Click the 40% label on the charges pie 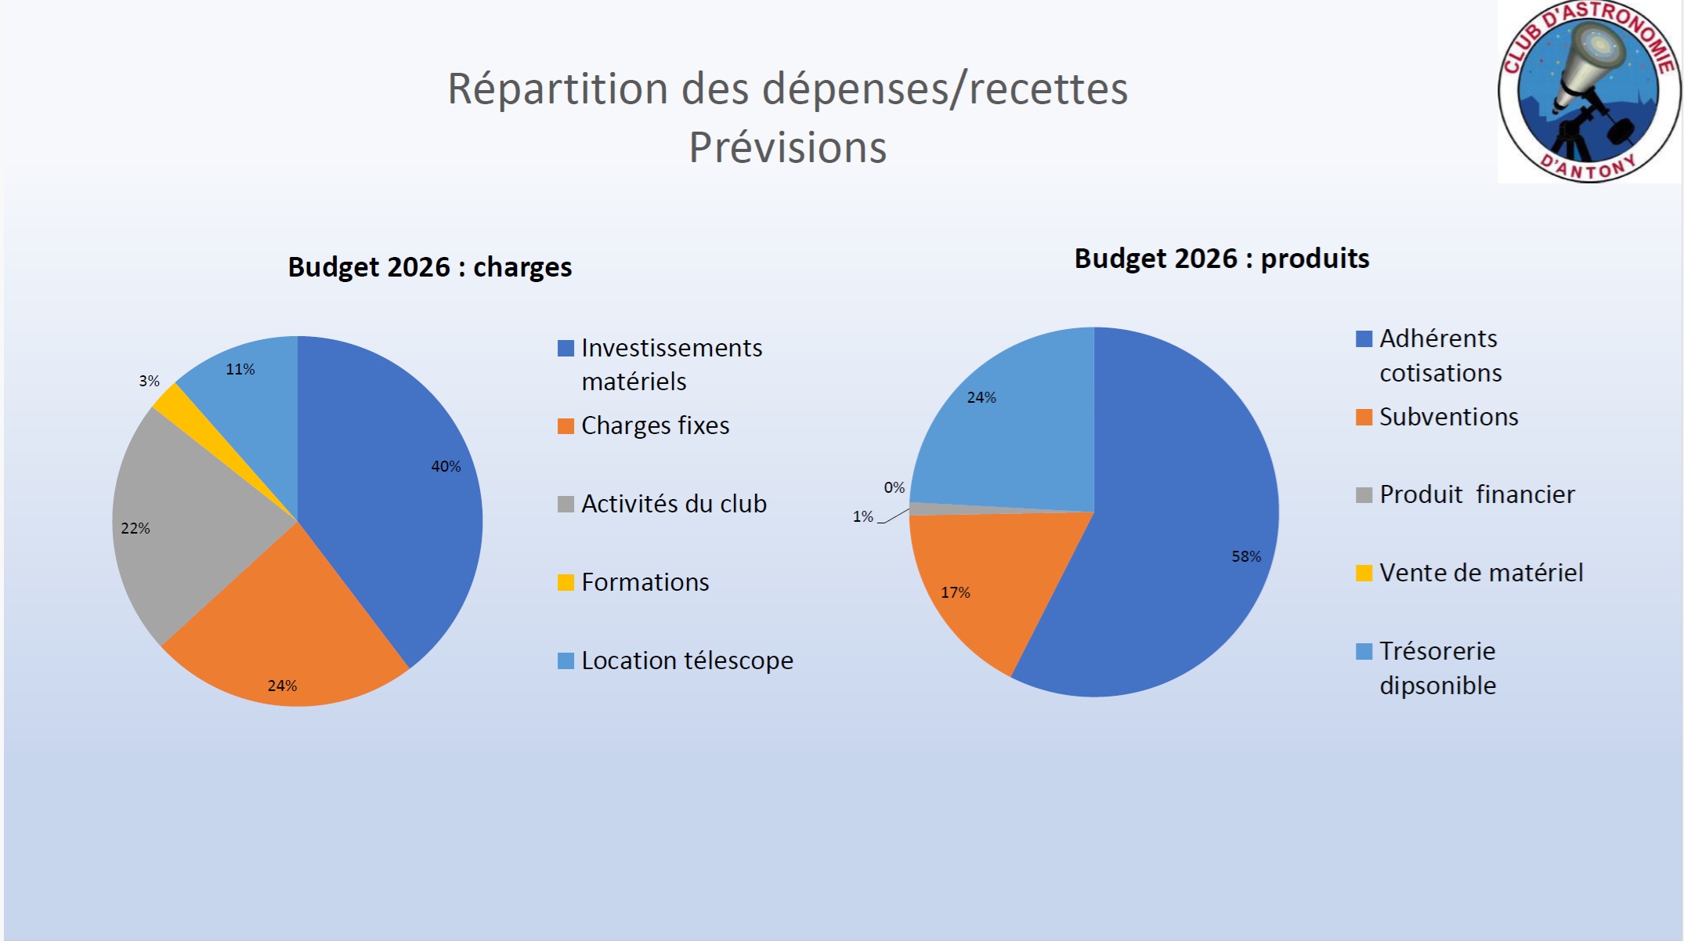pos(446,466)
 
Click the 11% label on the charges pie pos(240,369)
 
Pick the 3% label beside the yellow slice pos(149,381)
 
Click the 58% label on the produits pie pos(1246,556)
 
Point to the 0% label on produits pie pos(894,487)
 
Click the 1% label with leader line pos(862,516)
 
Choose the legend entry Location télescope pos(687,661)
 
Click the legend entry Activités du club pos(674,504)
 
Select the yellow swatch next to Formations pos(566,582)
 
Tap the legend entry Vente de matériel pos(1480,573)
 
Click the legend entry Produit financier pos(1476,494)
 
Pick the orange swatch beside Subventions pos(1364,417)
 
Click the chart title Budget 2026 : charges pos(430,267)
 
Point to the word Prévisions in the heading pos(787,147)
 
